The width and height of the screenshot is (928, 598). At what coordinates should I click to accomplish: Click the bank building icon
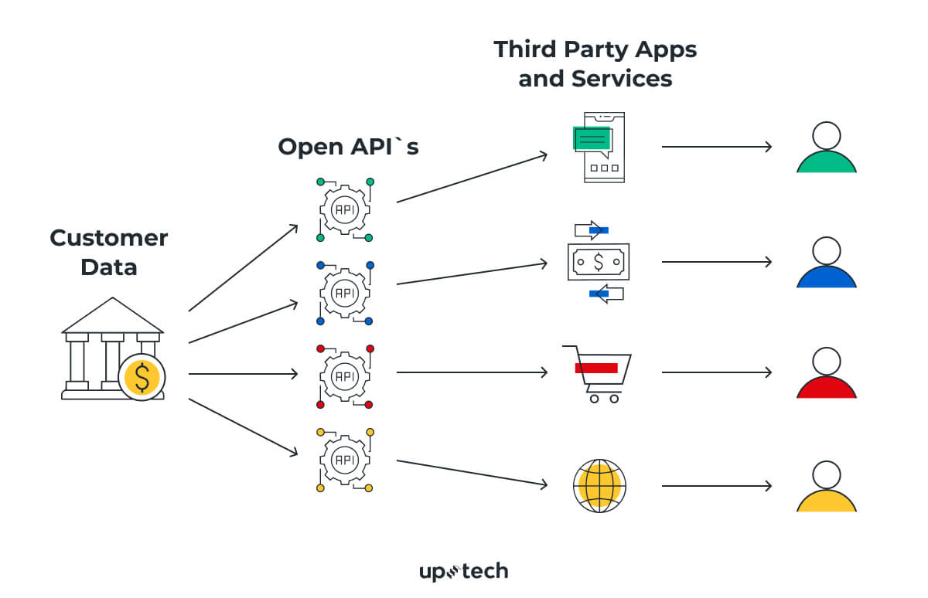(x=112, y=348)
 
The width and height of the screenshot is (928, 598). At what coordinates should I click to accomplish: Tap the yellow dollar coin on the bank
(x=142, y=377)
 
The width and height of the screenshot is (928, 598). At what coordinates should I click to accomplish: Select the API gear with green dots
(x=345, y=209)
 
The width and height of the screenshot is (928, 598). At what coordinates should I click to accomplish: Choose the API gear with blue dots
(x=345, y=293)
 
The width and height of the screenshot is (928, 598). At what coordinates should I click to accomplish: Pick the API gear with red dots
(x=345, y=376)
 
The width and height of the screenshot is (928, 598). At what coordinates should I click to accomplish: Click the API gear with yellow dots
(x=345, y=460)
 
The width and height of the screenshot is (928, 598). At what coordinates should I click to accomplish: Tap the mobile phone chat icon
(x=600, y=147)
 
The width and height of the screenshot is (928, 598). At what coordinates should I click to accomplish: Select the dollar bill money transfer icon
(x=599, y=262)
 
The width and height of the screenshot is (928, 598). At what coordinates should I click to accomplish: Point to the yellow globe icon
(x=599, y=486)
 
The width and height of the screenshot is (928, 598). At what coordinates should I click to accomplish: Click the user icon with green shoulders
(x=826, y=148)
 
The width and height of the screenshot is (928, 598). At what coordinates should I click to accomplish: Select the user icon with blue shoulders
(x=826, y=263)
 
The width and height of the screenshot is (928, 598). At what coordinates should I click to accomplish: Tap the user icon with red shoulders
(x=826, y=373)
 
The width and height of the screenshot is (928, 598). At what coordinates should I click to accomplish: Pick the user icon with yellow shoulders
(x=826, y=487)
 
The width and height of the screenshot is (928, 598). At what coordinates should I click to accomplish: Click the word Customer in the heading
(x=108, y=238)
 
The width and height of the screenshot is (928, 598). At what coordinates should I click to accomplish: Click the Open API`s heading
(x=348, y=147)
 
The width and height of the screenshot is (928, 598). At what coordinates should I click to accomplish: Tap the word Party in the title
(x=595, y=49)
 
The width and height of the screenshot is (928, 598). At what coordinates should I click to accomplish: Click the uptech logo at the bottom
(x=463, y=572)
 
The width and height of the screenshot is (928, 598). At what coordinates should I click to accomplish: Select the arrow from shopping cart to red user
(x=717, y=372)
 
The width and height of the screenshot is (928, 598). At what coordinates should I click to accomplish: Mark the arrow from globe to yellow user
(x=717, y=486)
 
